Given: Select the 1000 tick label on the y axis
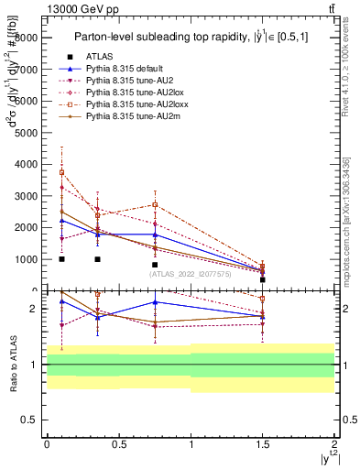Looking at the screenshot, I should [x=27, y=259].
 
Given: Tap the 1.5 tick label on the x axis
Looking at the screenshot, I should [x=263, y=442].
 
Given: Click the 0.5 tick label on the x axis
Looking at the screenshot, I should [x=118, y=442].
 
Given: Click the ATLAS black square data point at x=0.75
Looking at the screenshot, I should [x=155, y=265].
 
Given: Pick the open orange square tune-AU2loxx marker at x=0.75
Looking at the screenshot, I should [x=155, y=204].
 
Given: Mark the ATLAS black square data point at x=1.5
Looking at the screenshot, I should [x=263, y=279].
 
